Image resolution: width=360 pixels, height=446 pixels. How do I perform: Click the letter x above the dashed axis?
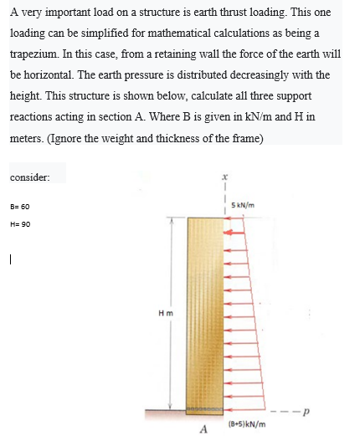225,177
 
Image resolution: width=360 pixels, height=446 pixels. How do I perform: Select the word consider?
29,177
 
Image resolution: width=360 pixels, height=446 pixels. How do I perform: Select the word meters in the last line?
28,139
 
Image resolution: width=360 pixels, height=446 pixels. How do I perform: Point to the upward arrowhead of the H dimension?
173,222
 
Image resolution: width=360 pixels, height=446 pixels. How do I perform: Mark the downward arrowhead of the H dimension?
173,405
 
